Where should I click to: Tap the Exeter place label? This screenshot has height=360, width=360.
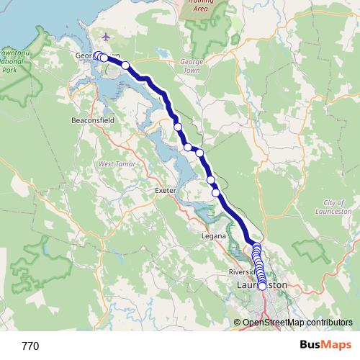click(166, 191)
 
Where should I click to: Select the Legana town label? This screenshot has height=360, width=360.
click(215, 235)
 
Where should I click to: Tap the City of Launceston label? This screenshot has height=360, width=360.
click(333, 208)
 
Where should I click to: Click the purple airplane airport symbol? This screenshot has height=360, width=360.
click(107, 37)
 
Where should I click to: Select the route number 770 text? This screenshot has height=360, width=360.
click(30, 346)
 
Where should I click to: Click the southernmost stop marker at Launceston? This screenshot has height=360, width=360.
click(262, 285)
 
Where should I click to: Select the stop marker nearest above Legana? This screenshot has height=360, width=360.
click(216, 192)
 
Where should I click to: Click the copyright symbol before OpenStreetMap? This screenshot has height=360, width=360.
click(238, 323)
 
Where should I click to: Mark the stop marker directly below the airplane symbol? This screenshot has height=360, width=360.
click(104, 58)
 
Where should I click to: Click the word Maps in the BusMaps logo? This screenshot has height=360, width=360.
click(334, 346)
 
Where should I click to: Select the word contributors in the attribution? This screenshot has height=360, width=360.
click(327, 323)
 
